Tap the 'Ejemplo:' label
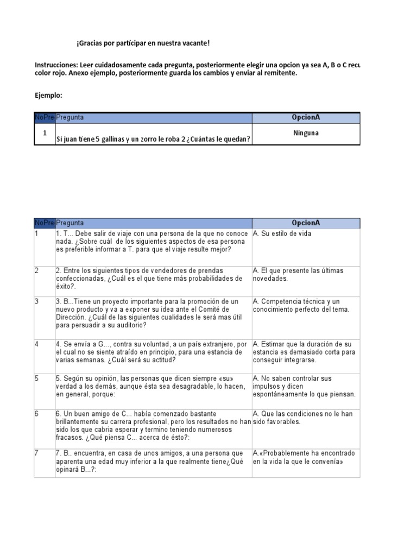coord(48,96)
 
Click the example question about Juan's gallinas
coord(153,139)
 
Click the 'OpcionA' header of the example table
coord(306,117)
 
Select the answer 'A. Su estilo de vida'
coord(282,233)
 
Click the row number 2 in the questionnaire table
coord(37,270)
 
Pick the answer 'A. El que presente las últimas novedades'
coord(298,274)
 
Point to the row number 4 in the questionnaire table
coord(37,344)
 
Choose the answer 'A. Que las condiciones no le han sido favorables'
coord(303,417)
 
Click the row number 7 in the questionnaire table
coord(37,452)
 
